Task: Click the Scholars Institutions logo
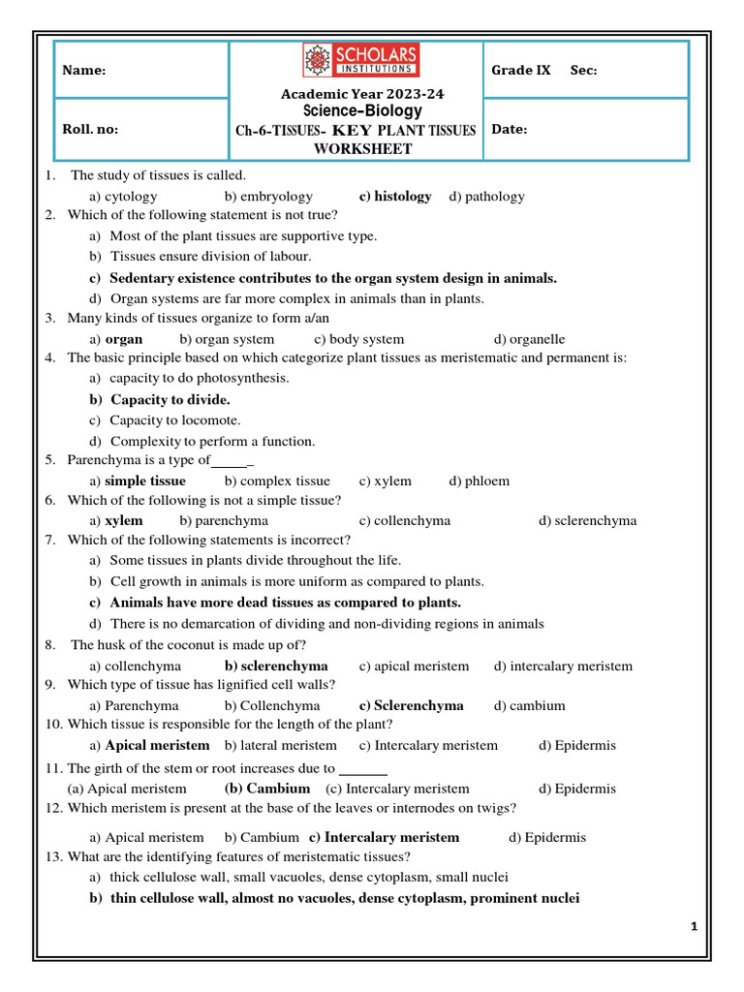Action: [360, 61]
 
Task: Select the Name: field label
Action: [84, 71]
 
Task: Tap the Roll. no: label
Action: [90, 129]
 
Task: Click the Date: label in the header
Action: [510, 129]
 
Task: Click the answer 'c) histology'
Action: [395, 196]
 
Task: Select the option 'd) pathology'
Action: [486, 196]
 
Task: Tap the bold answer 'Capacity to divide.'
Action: [170, 399]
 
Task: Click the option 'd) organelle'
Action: [529, 339]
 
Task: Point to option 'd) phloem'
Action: [479, 480]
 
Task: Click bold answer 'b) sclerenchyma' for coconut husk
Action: [276, 666]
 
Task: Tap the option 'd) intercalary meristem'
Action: [563, 666]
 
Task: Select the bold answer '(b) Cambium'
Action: [266, 789]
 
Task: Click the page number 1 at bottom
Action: [695, 927]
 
